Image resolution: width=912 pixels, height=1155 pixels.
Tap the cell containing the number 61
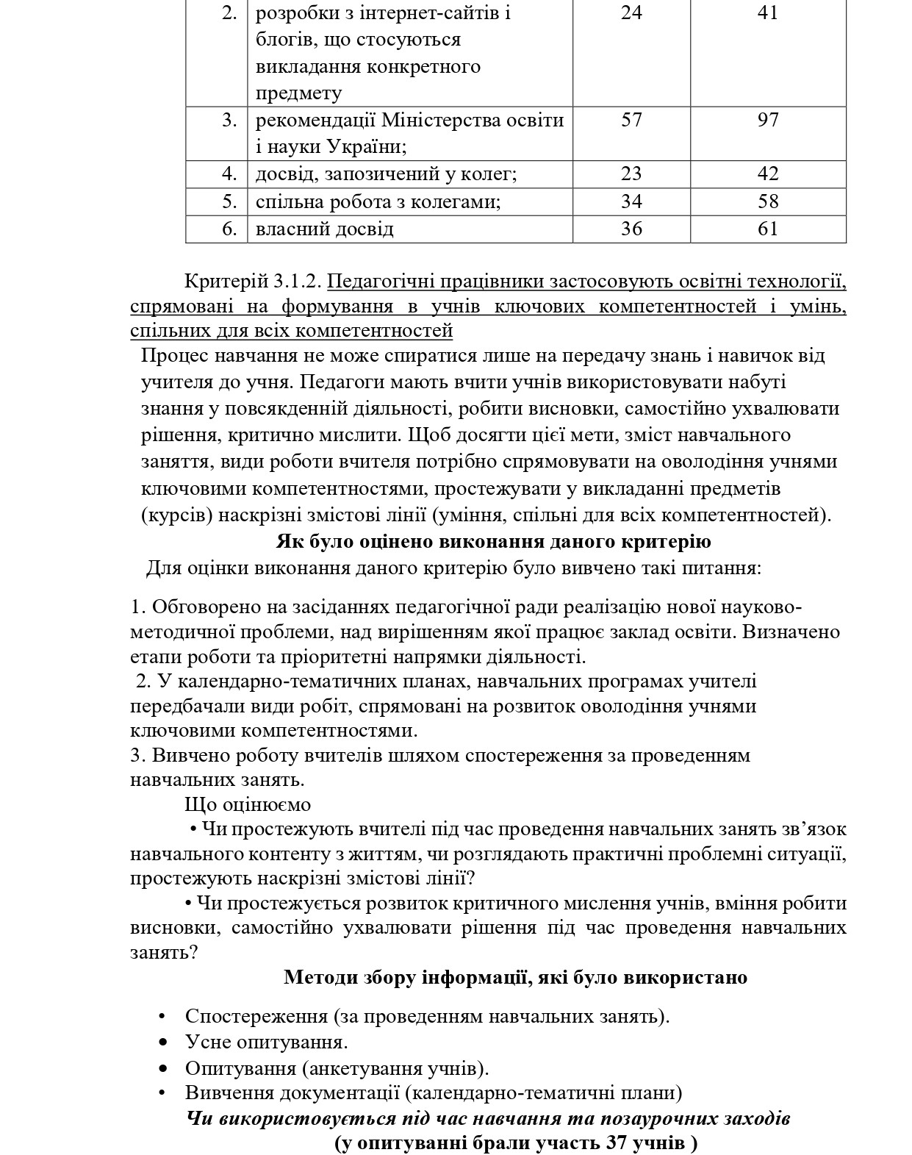click(x=767, y=229)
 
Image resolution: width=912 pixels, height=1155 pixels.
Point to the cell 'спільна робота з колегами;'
click(x=378, y=201)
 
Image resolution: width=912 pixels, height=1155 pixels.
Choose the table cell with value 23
click(x=631, y=174)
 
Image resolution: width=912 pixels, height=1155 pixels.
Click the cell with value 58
click(x=767, y=201)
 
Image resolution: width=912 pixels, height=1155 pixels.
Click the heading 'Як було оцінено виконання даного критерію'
click(x=493, y=542)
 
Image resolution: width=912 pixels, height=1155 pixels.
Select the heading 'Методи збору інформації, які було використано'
click(x=515, y=978)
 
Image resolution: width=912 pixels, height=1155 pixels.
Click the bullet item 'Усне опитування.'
click(x=266, y=1042)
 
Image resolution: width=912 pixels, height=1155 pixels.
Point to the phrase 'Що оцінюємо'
click(x=248, y=805)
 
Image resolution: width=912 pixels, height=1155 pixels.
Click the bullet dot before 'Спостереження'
click(x=162, y=1017)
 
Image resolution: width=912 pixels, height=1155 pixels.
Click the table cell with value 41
click(x=767, y=12)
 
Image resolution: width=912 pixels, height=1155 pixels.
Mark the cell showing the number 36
click(x=631, y=229)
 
